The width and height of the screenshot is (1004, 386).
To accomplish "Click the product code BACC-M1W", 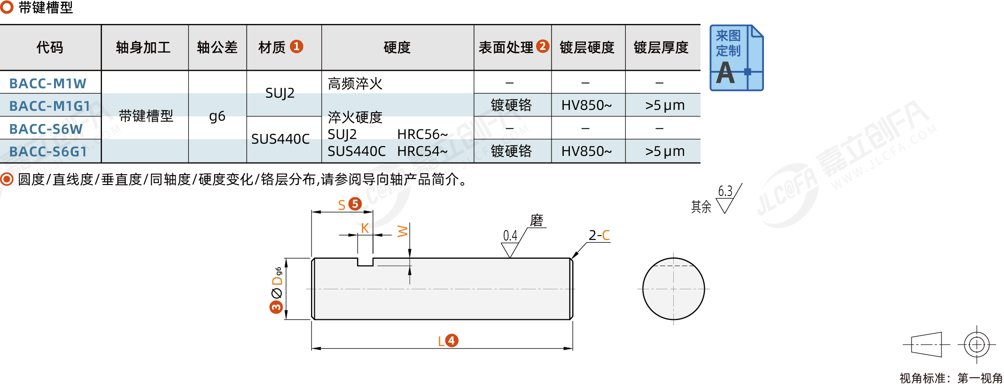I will (48, 84).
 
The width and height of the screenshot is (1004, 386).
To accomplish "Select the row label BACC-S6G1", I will (48, 152).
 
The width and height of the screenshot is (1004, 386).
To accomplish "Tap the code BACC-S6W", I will (46, 129).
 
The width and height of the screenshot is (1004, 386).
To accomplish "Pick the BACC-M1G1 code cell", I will (49, 106).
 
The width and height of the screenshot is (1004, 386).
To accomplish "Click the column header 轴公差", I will (217, 47).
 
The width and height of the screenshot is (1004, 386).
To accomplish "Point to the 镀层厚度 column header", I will (661, 47).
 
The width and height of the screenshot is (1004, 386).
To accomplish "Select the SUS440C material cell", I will (280, 139).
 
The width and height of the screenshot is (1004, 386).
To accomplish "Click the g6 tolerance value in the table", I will (217, 116).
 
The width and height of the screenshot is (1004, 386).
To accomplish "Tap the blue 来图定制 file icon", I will (736, 58).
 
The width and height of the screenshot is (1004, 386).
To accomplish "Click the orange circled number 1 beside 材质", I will (296, 46).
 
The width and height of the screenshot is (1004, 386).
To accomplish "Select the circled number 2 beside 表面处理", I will (543, 46).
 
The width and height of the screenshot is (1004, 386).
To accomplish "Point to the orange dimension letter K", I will (365, 228).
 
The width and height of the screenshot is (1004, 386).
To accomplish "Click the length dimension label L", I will (441, 341).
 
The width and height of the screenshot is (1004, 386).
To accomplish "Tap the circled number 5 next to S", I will (355, 204).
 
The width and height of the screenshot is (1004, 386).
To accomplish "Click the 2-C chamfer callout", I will (599, 235).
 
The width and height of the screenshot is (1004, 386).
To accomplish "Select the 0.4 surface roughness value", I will (510, 235).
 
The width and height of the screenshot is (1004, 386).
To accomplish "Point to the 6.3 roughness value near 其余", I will (725, 191).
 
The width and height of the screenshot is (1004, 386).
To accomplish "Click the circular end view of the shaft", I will (673, 289).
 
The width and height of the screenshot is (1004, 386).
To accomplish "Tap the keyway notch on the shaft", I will (366, 262).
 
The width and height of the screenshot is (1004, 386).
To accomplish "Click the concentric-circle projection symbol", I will (977, 345).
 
